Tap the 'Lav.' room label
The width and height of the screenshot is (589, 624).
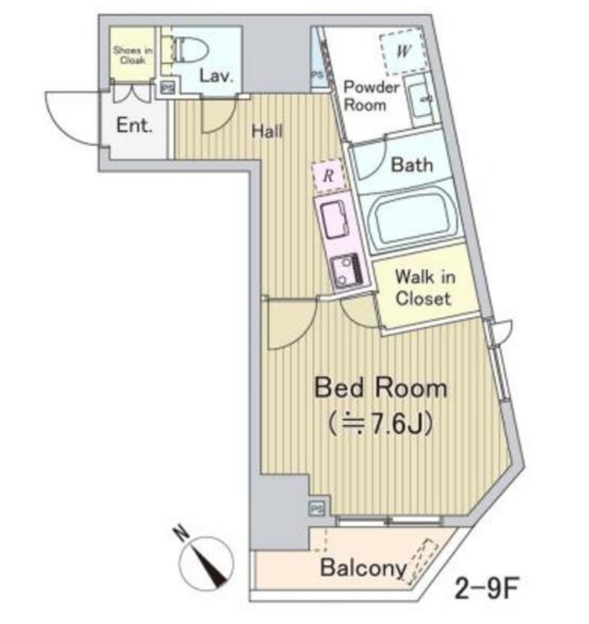click(x=216, y=76)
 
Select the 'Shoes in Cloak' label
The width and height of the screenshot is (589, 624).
click(x=132, y=55)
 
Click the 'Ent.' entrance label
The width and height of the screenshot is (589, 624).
click(x=135, y=125)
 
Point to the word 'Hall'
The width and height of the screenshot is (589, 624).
click(x=267, y=131)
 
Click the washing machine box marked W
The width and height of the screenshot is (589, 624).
click(x=403, y=51)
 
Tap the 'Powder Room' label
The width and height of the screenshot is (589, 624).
click(x=371, y=96)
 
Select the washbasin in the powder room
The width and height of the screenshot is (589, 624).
click(x=420, y=100)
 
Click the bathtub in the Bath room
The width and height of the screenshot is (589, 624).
click(x=410, y=218)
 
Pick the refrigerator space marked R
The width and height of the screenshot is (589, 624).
click(x=328, y=175)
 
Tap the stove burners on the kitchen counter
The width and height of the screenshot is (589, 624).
click(x=347, y=271)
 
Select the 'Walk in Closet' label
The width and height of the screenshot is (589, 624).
click(x=424, y=287)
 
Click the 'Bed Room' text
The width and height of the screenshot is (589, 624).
click(x=381, y=388)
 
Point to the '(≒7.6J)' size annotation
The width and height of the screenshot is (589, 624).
click(x=381, y=425)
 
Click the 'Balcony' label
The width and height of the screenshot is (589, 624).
click(x=363, y=568)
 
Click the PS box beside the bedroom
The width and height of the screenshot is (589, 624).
click(x=317, y=508)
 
